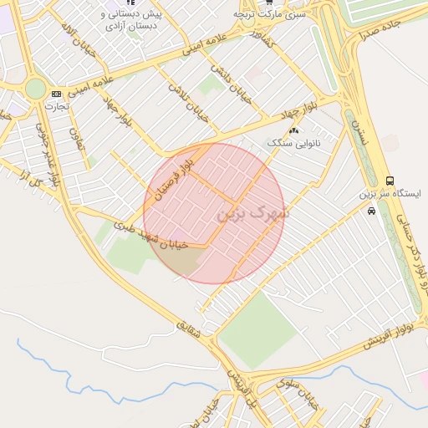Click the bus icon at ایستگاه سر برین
390,181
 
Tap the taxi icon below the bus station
371,211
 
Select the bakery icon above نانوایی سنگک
293,130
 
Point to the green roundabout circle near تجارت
35,89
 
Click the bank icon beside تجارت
56,94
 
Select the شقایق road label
191,331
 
